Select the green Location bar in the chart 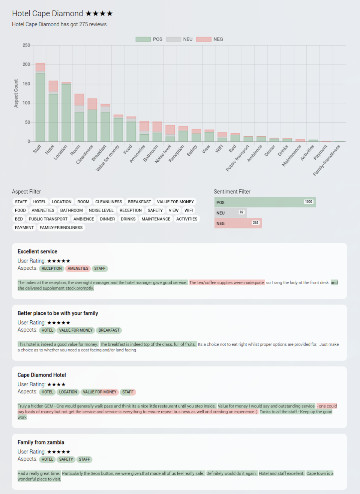(66, 113)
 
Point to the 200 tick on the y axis (26, 65)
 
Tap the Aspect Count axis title (16, 93)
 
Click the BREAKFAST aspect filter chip (139, 202)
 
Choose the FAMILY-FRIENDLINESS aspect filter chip (61, 228)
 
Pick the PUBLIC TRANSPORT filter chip (48, 219)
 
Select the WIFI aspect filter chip (189, 210)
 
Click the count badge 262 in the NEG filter (255, 223)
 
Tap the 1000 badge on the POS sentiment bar (308, 202)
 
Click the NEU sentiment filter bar (230, 213)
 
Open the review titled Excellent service (37, 252)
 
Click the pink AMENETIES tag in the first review (78, 269)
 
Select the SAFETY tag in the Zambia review (66, 459)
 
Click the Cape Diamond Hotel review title (42, 375)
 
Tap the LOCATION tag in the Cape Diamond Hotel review (68, 392)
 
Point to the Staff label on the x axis (37, 149)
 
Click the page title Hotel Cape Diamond (48, 14)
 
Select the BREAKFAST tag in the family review (109, 330)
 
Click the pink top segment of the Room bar (79, 100)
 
